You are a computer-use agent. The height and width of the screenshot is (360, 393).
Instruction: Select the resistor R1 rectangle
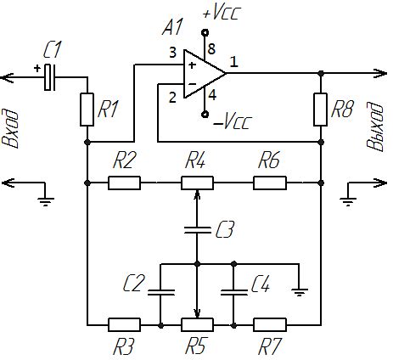click(87, 109)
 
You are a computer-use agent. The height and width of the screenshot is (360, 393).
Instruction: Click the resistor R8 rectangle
click(320, 109)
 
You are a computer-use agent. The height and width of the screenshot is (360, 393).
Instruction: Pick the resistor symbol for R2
click(124, 182)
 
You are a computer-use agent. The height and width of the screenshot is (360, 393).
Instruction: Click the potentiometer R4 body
click(197, 182)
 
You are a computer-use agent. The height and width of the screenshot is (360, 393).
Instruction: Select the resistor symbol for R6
click(270, 182)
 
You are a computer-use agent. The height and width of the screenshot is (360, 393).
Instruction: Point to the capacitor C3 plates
click(197, 228)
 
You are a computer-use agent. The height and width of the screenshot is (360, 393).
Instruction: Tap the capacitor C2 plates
click(160, 292)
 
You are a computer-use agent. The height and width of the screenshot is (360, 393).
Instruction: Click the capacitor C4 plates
click(233, 292)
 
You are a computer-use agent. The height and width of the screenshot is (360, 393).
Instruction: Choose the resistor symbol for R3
click(124, 323)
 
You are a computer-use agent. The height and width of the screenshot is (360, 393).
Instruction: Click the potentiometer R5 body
click(197, 323)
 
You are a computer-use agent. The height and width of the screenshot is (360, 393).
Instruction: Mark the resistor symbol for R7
click(270, 323)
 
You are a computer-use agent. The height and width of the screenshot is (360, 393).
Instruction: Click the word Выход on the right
click(374, 128)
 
